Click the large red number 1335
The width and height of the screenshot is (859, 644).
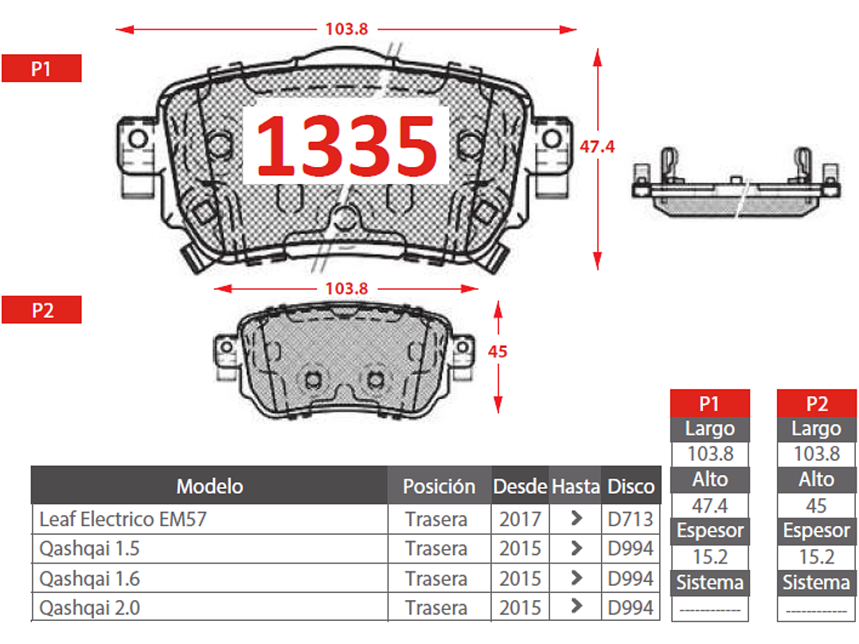pyautogui.click(x=346, y=146)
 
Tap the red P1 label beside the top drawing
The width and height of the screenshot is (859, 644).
pyautogui.click(x=41, y=68)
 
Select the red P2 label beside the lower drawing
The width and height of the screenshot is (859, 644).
pyautogui.click(x=41, y=310)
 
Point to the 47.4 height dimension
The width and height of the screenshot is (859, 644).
pyautogui.click(x=597, y=146)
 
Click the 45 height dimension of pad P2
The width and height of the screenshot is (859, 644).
pyautogui.click(x=498, y=351)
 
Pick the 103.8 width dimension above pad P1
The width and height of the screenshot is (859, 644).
pyautogui.click(x=346, y=29)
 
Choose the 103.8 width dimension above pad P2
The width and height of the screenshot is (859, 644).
pyautogui.click(x=346, y=288)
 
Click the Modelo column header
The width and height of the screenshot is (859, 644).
pyautogui.click(x=210, y=486)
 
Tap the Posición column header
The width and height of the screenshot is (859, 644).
pyautogui.click(x=439, y=486)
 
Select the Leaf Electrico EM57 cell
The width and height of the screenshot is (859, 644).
pyautogui.click(x=123, y=518)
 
